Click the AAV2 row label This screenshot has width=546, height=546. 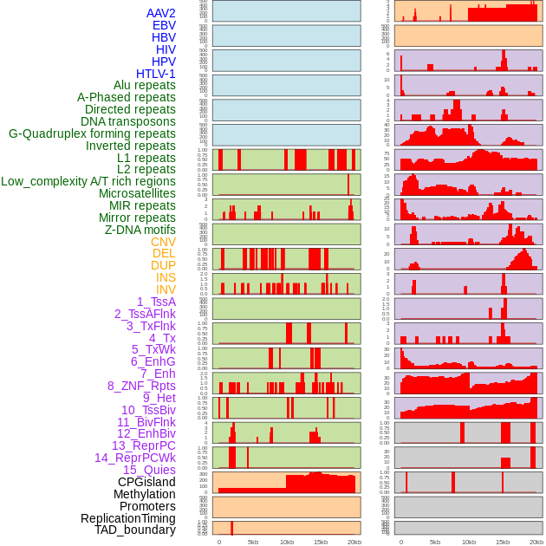161,13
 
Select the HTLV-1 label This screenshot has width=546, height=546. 156,74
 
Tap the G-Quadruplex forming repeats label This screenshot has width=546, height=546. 92,133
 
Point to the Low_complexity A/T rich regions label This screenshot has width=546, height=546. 88,181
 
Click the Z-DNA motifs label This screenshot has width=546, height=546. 140,230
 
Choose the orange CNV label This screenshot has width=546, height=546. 163,242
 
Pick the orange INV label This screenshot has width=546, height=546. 166,289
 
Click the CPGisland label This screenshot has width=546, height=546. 146,482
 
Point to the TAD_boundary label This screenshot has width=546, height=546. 135,530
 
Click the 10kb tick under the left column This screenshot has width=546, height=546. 287,542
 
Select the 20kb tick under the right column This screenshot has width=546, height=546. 536,542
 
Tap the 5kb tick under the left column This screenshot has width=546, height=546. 253,542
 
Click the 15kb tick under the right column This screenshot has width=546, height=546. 503,542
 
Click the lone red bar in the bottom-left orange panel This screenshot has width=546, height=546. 231,528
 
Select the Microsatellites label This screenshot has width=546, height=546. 137,193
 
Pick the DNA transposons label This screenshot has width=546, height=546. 128,121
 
